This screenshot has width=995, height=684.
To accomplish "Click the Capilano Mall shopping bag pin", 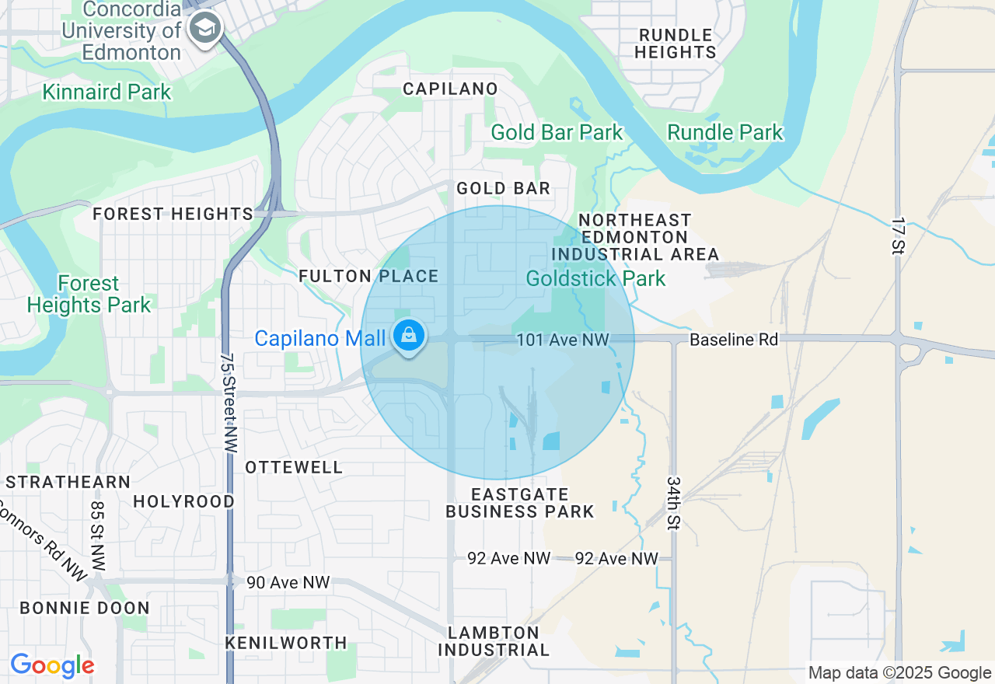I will pos(408,337).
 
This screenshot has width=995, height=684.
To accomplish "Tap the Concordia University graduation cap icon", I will pos(205,29).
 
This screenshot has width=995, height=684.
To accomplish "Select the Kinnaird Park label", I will pos(106,92).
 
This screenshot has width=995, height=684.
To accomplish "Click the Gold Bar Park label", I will pos(557,132).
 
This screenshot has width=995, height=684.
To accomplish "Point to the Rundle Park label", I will pos(725,132).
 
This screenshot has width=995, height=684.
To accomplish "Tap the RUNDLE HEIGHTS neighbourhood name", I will pos(675,44).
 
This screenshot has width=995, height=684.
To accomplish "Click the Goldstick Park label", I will pos(595,278).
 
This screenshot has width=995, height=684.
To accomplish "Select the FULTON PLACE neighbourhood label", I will pos(368,276).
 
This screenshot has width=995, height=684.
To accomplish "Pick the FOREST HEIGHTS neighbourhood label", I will pos(173,214).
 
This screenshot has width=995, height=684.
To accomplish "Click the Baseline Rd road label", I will pos(734,340).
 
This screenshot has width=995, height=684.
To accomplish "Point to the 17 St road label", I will pos(899,236).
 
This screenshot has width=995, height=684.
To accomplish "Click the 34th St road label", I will pos(672,503).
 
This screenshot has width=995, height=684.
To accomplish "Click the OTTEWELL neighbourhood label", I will pos(293,467).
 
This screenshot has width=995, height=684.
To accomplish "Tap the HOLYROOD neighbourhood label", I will pos(183,501).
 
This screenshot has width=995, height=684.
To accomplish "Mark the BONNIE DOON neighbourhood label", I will pos(84,608).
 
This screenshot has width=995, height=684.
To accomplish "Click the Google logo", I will pos(52,665).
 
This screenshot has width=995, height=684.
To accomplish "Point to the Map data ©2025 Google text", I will pos(899,673).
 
